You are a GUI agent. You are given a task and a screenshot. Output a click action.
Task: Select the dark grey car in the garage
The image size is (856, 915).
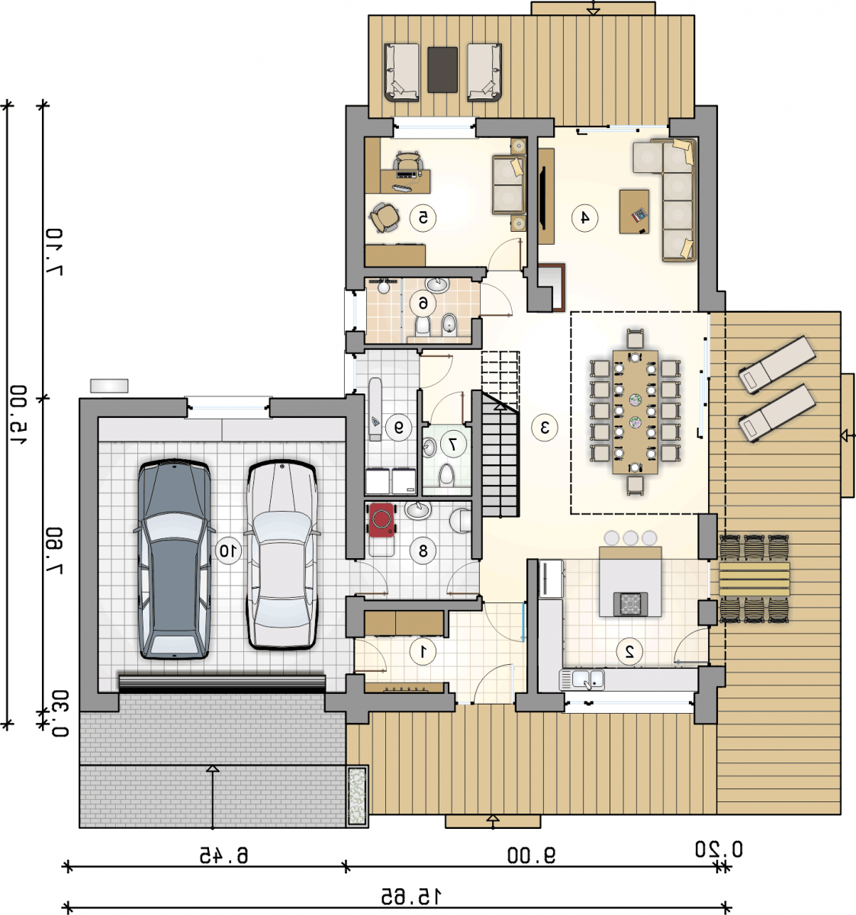[174, 559]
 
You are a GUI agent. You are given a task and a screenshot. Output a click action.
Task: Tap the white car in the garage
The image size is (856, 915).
[282, 556]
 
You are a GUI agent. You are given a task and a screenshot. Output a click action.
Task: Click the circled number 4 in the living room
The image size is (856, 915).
[584, 217]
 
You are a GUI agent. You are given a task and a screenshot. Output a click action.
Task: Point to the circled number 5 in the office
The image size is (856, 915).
[423, 217]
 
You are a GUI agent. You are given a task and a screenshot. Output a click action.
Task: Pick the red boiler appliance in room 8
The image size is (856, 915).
[381, 520]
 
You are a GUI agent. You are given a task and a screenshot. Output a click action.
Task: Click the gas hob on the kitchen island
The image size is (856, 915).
[630, 604]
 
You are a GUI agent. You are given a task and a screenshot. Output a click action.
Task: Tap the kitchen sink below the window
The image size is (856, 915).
[582, 679]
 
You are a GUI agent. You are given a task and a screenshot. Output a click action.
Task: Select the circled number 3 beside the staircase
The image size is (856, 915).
[544, 428]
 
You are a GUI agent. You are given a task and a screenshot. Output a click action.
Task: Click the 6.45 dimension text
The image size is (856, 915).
[224, 856]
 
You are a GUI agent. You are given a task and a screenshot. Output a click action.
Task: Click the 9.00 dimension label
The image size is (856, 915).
[531, 856]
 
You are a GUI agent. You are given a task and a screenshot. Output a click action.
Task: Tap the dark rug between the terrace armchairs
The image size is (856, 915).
[442, 69]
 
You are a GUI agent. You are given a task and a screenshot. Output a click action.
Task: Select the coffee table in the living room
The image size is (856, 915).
[634, 211]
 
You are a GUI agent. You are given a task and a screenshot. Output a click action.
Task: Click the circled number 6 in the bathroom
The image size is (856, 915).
[423, 303]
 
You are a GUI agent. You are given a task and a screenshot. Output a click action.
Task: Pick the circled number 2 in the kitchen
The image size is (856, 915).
[629, 651]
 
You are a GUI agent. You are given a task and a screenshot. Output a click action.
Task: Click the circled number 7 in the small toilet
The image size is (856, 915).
[453, 444]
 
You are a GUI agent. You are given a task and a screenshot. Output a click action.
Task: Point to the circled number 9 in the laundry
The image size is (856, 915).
[398, 428]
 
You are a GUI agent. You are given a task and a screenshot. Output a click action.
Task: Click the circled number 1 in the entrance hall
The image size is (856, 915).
[423, 651]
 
